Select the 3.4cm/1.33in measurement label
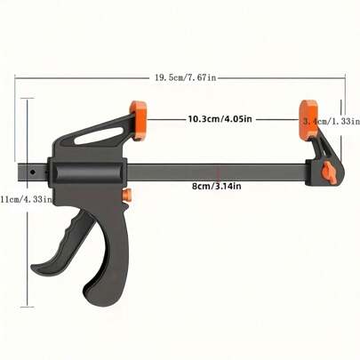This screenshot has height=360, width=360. point(331,120)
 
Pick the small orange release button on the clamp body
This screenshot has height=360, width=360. point(127,195)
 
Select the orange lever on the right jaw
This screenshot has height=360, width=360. point(329,172)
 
